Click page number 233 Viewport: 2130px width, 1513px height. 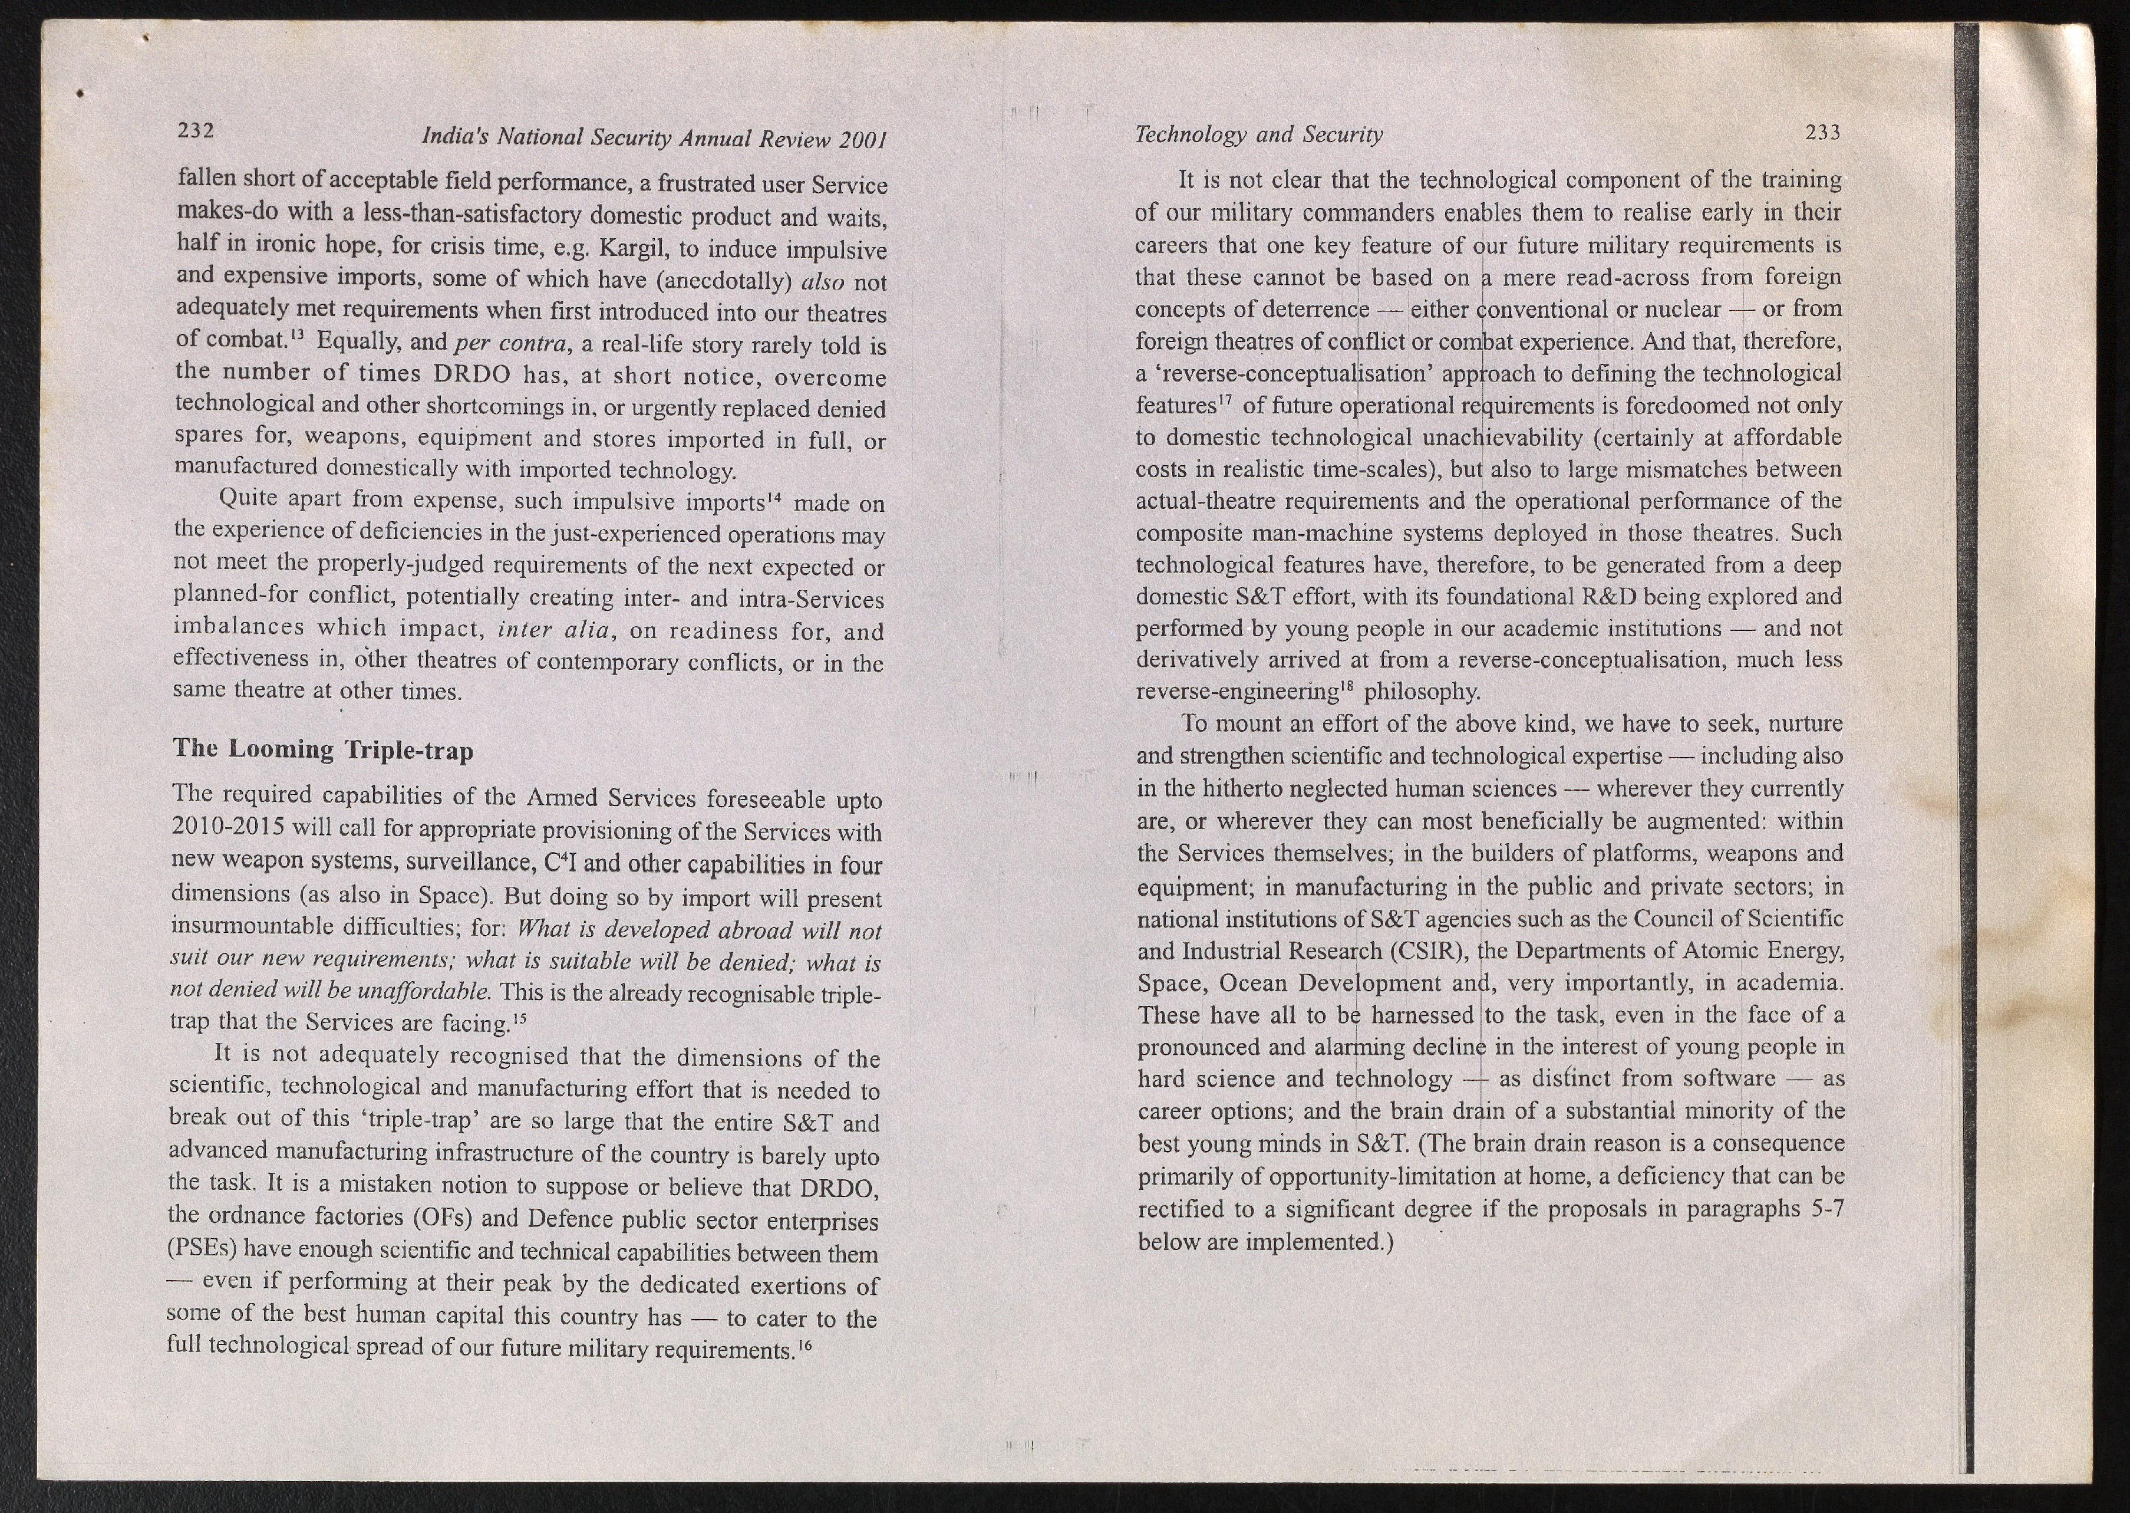pos(1823,132)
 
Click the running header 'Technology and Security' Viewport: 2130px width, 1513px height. pos(1258,135)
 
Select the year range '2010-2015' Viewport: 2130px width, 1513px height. pos(229,828)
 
